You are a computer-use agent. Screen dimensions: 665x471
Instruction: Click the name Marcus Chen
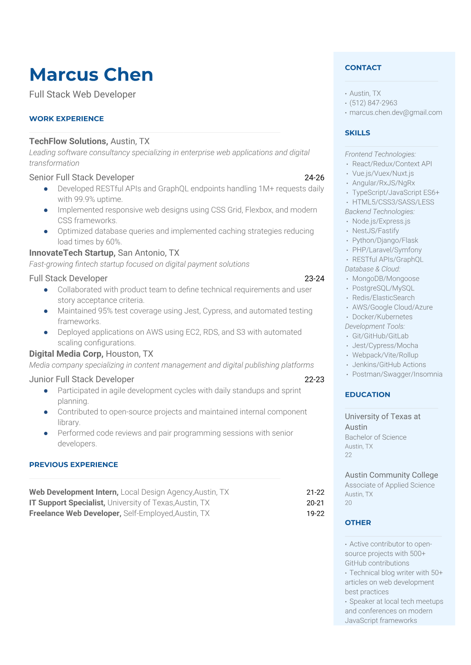tap(91, 75)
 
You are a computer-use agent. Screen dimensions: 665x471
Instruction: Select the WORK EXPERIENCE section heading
tap(66, 119)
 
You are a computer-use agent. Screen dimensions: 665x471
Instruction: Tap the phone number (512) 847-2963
tap(373, 103)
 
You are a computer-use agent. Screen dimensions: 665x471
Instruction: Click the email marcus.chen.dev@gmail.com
tap(395, 112)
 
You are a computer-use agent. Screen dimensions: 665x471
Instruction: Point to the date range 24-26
tap(314, 177)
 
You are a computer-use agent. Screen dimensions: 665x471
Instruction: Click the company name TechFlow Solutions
tap(68, 141)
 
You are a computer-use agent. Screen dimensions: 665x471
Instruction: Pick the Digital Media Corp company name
tap(66, 354)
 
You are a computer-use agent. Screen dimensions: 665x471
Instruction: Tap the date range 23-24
tap(314, 279)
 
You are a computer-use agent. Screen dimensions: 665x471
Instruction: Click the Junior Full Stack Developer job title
tap(82, 379)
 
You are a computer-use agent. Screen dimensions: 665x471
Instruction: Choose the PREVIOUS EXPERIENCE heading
tap(74, 465)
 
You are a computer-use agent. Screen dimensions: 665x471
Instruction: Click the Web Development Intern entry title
tap(74, 492)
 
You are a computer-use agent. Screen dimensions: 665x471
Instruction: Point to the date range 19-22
tap(315, 513)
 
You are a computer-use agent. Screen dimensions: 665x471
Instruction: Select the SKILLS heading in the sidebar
tap(357, 133)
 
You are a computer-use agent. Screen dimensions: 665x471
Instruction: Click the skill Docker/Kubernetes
tap(382, 316)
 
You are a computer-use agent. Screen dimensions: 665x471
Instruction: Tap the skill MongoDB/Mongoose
tap(386, 279)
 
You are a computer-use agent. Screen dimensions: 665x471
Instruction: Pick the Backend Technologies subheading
tap(380, 211)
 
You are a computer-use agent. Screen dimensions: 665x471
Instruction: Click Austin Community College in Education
tap(391, 475)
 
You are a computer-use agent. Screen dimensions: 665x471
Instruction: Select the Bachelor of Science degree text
tap(375, 437)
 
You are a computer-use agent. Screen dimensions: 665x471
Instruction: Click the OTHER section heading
tap(358, 522)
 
